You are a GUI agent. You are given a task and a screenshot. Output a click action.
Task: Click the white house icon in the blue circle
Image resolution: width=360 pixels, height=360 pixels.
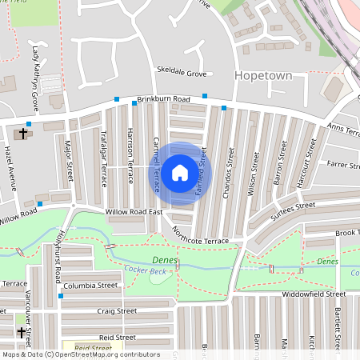coord(180,171)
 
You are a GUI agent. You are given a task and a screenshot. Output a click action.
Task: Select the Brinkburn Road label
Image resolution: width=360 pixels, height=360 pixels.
coord(163,99)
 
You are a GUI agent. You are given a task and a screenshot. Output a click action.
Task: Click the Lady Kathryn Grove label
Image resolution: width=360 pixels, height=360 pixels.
coord(35,78)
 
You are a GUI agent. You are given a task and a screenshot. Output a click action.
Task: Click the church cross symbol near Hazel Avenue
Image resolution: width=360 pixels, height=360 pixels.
coord(22,134)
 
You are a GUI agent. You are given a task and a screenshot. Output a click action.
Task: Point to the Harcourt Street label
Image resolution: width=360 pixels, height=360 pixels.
coord(302,168)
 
